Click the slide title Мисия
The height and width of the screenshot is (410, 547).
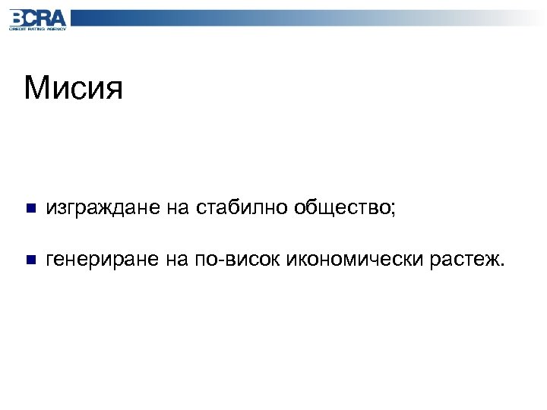(73, 88)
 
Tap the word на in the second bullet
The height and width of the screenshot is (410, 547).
(174, 260)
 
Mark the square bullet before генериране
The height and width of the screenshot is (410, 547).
(30, 260)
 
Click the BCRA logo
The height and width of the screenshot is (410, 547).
(37, 18)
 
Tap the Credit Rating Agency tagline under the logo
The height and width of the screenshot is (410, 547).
(37, 28)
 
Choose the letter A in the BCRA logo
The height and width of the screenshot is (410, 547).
(58, 17)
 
